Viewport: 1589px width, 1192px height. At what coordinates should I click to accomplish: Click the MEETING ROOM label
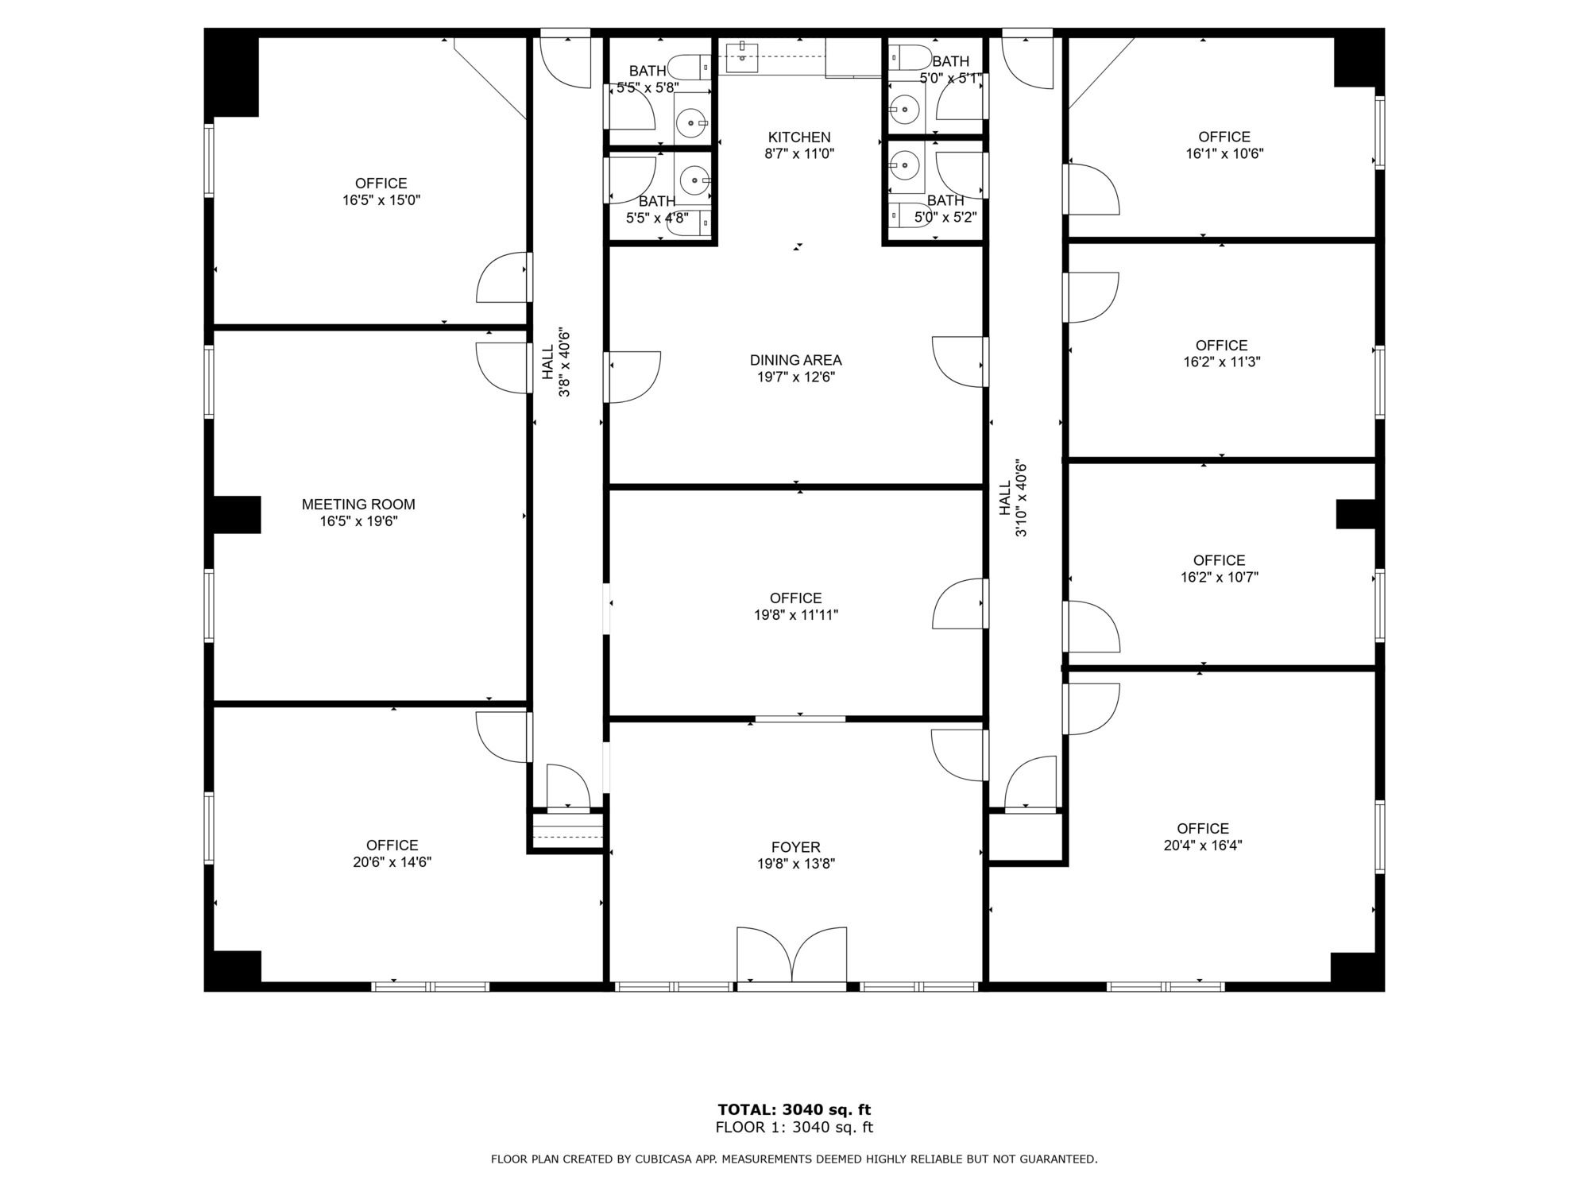point(358,505)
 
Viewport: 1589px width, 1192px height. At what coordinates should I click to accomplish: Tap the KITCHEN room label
point(799,137)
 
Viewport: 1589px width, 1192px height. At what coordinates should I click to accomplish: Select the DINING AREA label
point(796,360)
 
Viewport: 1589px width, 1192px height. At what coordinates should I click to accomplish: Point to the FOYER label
point(795,847)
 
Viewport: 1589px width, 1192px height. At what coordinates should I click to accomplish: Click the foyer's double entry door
point(792,956)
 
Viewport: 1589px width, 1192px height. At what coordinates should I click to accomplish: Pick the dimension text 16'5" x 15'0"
point(381,200)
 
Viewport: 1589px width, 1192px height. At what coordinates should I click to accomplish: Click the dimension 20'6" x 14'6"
point(392,862)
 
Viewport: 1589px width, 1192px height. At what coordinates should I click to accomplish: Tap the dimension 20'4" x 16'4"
point(1203,846)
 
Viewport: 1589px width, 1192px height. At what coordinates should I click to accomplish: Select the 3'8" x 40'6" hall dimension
point(565,362)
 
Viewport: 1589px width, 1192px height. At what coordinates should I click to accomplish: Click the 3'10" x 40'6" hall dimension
point(1022,498)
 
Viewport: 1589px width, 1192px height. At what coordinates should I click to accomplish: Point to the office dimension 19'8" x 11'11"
point(796,615)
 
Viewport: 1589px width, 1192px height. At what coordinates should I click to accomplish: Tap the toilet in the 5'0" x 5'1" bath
point(910,57)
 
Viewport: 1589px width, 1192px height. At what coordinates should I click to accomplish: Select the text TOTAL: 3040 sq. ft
point(794,1109)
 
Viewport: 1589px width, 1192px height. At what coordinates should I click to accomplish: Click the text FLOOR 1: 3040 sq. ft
point(794,1127)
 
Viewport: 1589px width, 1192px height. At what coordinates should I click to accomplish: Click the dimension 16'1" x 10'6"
point(1224,154)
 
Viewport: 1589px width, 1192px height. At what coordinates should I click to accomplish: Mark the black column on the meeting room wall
point(236,515)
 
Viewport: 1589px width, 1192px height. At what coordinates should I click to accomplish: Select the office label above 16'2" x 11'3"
point(1221,346)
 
